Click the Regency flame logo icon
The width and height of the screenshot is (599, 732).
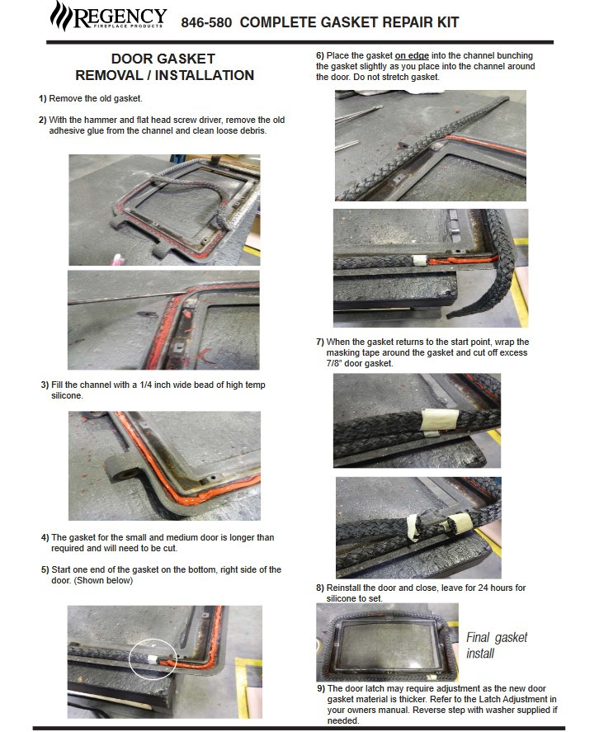[x=61, y=16]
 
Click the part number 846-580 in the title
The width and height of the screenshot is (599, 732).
[x=206, y=22]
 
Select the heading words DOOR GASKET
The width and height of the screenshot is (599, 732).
[x=163, y=59]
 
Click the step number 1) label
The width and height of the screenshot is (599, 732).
[x=42, y=98]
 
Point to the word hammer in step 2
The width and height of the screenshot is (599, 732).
[x=100, y=120]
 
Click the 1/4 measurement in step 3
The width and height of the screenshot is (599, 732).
[x=146, y=385]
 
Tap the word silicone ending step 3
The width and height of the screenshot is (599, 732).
[x=67, y=396]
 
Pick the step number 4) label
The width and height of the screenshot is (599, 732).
[x=45, y=537]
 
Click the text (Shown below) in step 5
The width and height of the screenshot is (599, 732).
[x=103, y=581]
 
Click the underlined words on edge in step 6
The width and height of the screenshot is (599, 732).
[x=412, y=55]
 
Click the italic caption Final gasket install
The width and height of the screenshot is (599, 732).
[x=497, y=645]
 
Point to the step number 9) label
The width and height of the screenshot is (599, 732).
[x=321, y=688]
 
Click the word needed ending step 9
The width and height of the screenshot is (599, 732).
[x=343, y=720]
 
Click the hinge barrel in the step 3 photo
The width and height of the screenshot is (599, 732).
[x=122, y=470]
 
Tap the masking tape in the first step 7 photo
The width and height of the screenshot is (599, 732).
[x=439, y=420]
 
